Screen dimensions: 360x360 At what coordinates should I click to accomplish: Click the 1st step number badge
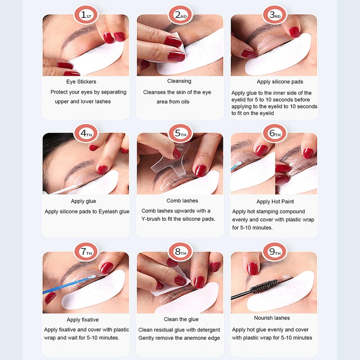point(86,15)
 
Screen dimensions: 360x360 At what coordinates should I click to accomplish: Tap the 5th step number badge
point(180,133)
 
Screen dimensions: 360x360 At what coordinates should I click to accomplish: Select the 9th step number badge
point(274,252)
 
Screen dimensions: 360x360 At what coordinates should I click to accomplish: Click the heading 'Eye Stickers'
point(81,82)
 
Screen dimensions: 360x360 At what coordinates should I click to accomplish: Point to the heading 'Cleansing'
point(179,81)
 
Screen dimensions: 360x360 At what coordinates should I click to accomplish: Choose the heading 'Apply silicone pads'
point(280,82)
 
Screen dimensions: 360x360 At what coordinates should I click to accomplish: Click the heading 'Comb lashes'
point(182,201)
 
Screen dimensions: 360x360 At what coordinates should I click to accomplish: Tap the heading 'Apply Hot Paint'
point(275,202)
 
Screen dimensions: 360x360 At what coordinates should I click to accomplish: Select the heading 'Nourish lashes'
point(272,318)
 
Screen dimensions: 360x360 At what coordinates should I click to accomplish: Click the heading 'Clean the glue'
point(181,319)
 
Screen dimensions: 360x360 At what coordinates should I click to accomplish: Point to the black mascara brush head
point(265,286)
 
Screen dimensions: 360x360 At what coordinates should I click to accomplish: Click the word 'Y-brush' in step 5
point(151,219)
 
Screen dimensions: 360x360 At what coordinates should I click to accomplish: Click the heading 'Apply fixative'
point(83,320)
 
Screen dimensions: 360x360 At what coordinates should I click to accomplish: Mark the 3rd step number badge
point(274,15)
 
